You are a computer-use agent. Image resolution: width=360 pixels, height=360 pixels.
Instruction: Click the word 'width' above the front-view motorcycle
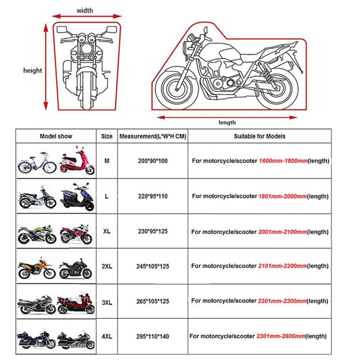click(x=85, y=10)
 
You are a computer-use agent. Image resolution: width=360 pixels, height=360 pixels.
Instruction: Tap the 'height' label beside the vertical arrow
click(x=33, y=70)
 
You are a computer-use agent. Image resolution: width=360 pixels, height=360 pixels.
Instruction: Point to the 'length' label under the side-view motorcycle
click(x=227, y=122)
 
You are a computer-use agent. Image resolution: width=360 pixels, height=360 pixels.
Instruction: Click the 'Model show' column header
click(x=56, y=136)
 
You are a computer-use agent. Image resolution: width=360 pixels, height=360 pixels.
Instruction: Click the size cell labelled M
click(x=107, y=161)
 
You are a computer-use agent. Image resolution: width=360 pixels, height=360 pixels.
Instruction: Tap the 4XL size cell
click(x=107, y=337)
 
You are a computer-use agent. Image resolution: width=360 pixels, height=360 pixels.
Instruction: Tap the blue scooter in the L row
click(x=77, y=197)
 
